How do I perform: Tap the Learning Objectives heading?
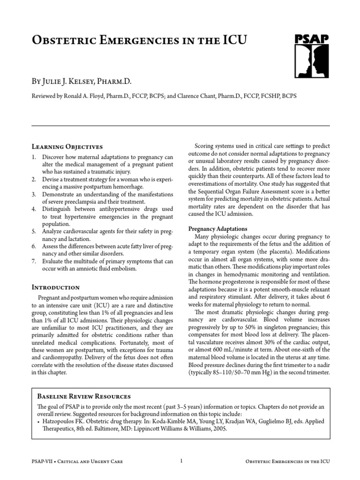point(67,147)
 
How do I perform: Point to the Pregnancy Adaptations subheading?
point(217,228)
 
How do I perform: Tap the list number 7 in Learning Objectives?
point(34,261)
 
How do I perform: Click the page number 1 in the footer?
point(180,462)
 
